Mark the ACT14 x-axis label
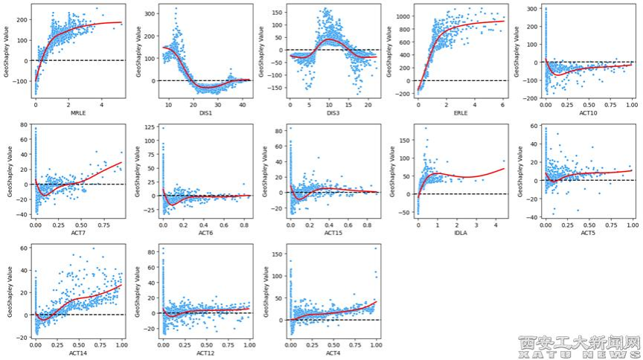[x=78, y=353]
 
